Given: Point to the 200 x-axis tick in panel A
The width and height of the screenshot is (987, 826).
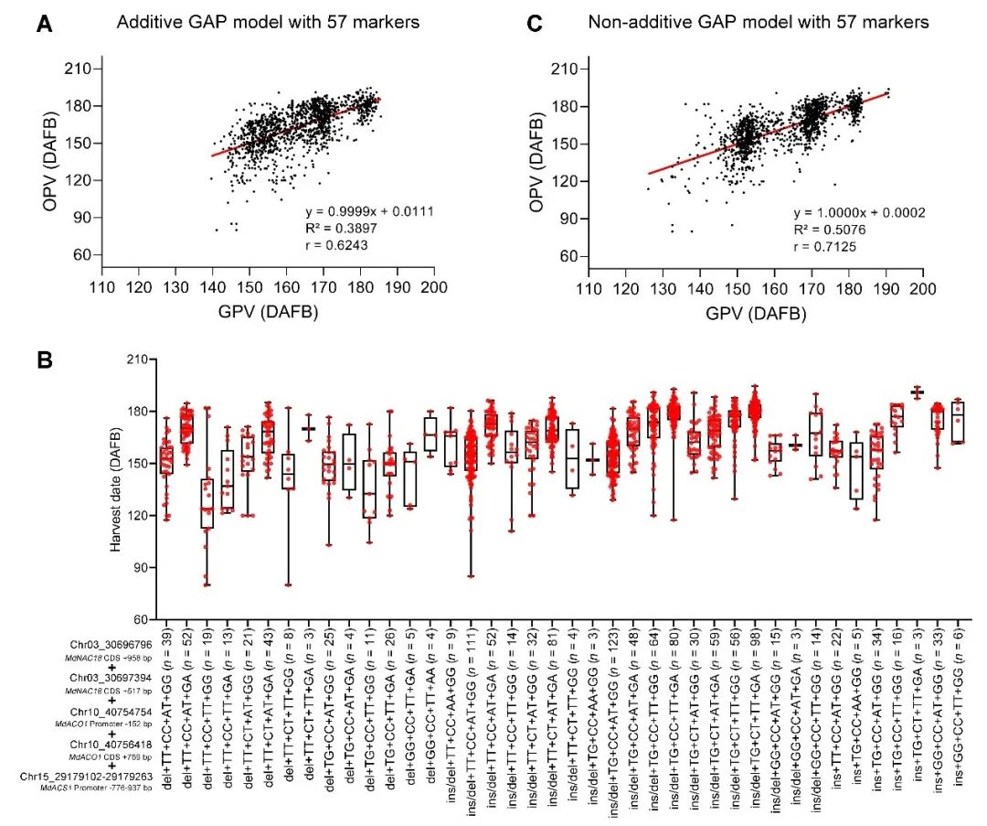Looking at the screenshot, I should click(x=434, y=287).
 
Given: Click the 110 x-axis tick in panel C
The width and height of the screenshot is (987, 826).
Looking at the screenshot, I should click(x=589, y=287).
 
